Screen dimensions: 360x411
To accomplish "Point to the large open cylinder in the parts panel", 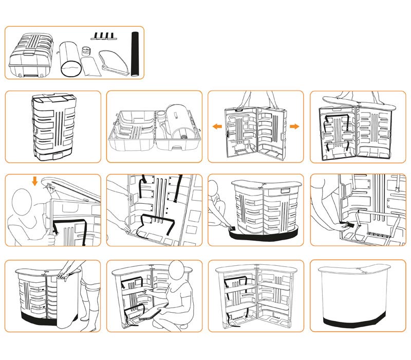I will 69,60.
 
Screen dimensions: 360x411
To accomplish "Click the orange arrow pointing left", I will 218,126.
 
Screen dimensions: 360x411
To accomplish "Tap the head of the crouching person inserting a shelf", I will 178,271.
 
